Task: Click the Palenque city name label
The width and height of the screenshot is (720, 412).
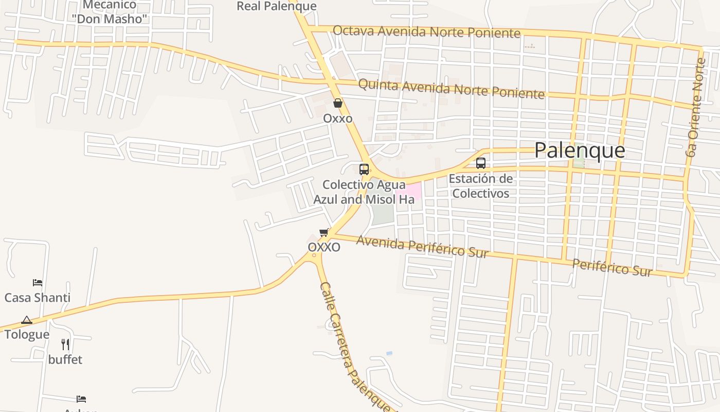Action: click(x=580, y=150)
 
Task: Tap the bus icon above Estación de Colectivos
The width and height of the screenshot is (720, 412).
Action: click(x=481, y=163)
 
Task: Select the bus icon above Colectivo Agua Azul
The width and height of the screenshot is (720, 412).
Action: click(x=364, y=169)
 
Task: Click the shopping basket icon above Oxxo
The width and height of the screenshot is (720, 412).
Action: click(x=338, y=103)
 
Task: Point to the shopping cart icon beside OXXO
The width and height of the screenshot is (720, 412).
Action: click(x=323, y=233)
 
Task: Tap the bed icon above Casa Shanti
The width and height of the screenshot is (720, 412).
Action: click(x=38, y=283)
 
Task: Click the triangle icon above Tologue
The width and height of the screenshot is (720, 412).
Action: click(x=27, y=320)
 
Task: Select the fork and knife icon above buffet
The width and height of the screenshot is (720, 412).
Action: click(x=65, y=344)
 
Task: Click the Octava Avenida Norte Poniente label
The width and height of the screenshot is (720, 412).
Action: click(x=426, y=31)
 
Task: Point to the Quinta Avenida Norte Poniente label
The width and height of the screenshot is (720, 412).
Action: click(x=451, y=88)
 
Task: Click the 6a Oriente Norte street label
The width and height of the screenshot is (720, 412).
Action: click(x=695, y=107)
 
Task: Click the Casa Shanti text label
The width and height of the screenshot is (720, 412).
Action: click(x=38, y=298)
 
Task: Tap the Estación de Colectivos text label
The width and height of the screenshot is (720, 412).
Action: click(x=481, y=186)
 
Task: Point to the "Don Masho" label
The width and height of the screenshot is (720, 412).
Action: click(x=110, y=19)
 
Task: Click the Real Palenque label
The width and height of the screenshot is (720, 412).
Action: click(x=276, y=6)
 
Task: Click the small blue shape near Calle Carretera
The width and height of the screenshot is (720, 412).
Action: click(x=389, y=353)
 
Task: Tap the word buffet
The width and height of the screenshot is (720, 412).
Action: click(x=65, y=359)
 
